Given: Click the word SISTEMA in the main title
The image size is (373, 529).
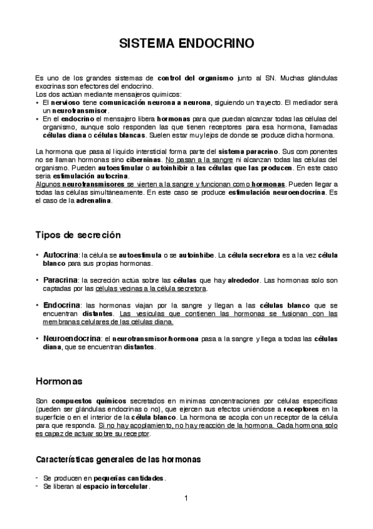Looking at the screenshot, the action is coord(148,44).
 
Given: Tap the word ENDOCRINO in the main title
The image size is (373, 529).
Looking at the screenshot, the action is coord(215,44).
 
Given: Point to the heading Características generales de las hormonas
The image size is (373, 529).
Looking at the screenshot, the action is coord(118,459).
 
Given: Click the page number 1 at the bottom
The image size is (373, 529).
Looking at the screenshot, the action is coord(186,497).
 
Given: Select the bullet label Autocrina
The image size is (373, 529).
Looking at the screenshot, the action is coord(61,256).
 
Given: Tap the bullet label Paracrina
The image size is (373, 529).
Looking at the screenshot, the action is coord(61,281).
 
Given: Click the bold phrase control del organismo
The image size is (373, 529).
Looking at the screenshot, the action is coord(191,78).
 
